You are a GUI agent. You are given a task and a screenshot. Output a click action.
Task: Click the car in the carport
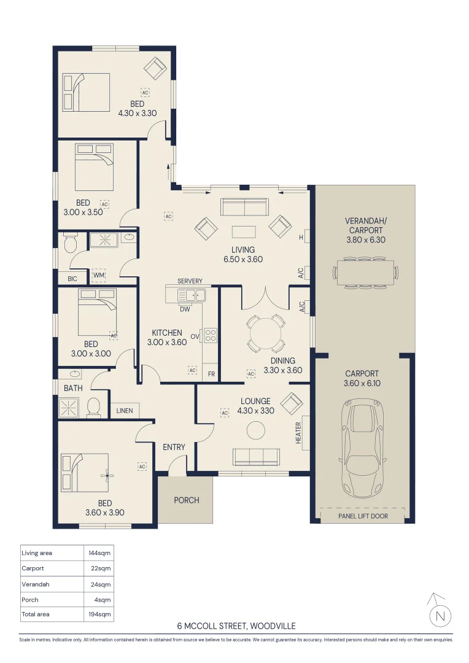(x=362, y=448)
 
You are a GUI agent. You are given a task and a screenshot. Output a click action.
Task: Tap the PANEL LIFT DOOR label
(x=363, y=516)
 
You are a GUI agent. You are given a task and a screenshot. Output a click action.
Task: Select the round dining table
(x=265, y=333)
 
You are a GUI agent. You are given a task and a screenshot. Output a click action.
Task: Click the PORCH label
(x=187, y=500)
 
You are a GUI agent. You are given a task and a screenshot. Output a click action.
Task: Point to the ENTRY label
(x=174, y=447)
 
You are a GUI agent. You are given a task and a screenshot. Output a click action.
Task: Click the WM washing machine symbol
(x=99, y=275)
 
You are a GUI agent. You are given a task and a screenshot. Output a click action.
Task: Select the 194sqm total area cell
(x=100, y=614)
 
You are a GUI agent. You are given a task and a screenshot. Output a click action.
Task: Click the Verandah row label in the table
(x=36, y=584)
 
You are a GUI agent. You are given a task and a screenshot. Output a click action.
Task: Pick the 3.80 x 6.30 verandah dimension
(x=366, y=240)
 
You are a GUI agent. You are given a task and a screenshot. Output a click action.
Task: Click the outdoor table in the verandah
(x=366, y=273)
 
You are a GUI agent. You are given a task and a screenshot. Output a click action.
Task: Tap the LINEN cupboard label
(x=125, y=411)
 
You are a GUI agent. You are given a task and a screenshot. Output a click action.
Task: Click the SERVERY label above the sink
(x=190, y=281)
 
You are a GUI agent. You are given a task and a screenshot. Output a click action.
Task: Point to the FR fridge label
(x=211, y=374)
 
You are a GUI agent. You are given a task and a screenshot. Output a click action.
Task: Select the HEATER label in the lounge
(x=298, y=433)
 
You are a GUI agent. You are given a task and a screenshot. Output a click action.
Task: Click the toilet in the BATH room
(x=93, y=407)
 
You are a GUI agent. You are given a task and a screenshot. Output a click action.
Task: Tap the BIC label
(x=72, y=279)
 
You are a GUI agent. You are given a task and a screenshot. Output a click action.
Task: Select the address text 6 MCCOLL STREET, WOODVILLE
(x=236, y=626)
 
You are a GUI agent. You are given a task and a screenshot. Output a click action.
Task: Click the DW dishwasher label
(x=185, y=309)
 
